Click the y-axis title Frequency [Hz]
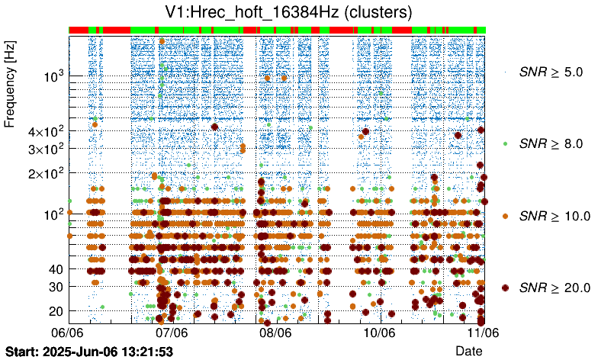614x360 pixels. pos(11,83)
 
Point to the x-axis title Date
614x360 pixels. pos(468,350)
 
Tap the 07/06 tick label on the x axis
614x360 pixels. pos(172,333)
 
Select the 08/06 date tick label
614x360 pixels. pos(275,333)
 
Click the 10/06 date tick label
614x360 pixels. pos(379,333)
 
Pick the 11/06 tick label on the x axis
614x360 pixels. pos(483,333)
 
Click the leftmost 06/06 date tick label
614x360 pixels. pos(68,333)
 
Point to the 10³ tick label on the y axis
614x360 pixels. pos(53,76)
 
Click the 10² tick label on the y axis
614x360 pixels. pos(53,214)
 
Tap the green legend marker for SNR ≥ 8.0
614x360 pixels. pos(505,143)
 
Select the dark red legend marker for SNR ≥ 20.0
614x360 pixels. pos(505,287)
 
